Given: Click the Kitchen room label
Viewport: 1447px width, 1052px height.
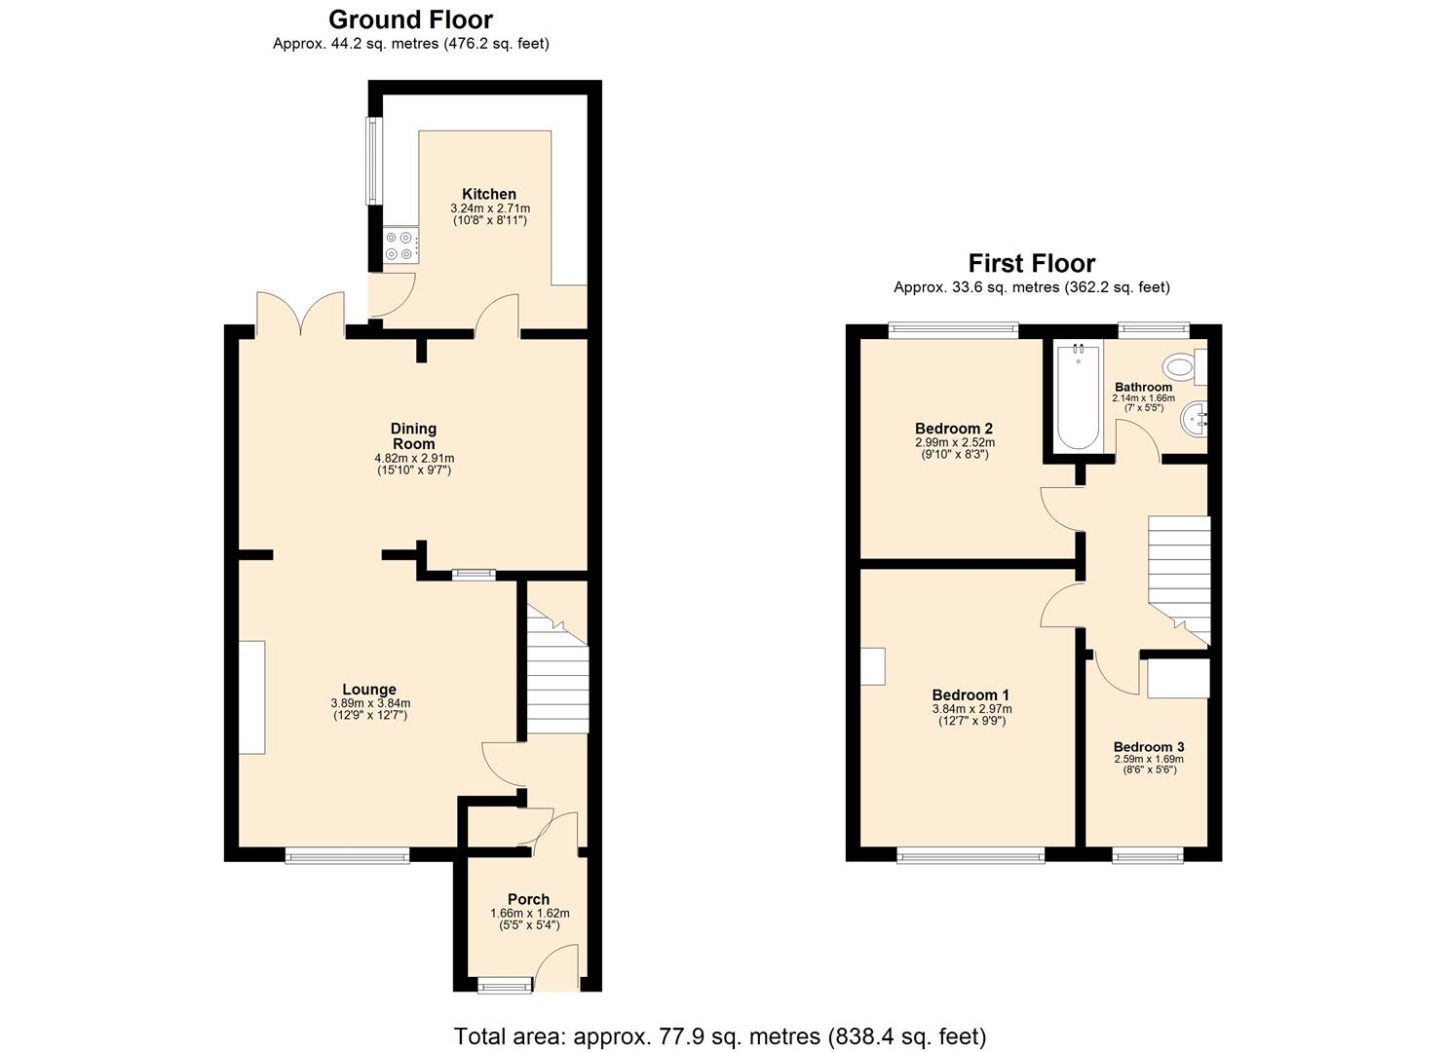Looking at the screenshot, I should (489, 194).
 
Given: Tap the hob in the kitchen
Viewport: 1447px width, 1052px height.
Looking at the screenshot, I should (401, 244).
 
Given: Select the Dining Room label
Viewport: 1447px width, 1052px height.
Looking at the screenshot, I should (413, 436).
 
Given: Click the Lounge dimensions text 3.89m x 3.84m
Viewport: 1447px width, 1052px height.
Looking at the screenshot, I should (369, 703).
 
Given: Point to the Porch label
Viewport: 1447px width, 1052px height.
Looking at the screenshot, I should (528, 899).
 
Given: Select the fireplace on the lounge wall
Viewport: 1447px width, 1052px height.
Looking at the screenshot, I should (252, 696).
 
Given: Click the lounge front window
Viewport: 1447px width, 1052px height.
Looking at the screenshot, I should (347, 856).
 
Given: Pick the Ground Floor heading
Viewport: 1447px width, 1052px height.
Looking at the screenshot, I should (410, 19).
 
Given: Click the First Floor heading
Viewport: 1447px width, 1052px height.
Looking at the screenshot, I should (1031, 263).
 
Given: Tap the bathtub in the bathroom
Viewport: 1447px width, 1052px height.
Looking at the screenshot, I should (1078, 396).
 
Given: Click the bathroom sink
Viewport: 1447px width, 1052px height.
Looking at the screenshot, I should (1194, 422).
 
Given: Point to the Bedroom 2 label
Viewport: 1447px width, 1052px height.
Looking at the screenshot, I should (954, 429).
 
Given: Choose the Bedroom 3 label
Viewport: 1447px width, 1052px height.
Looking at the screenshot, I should (1149, 747).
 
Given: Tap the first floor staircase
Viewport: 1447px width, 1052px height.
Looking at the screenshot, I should (1178, 575).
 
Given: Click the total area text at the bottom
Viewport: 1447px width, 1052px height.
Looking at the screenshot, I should (720, 1035).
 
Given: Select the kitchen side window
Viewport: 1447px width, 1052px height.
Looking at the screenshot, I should (371, 162).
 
